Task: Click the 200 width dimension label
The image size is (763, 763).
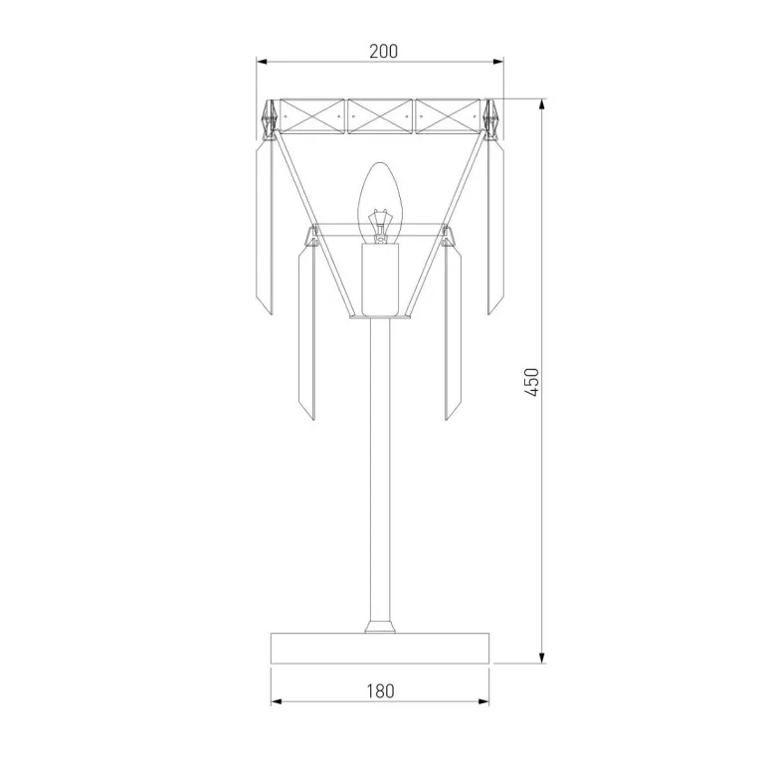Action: click(383, 51)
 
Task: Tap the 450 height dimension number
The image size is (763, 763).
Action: click(532, 382)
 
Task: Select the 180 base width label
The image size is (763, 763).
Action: click(380, 691)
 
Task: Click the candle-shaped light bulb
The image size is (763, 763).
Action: click(381, 203)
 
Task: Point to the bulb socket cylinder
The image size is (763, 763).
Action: click(380, 279)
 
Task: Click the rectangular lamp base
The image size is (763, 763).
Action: click(380, 649)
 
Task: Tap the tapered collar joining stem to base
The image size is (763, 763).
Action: click(380, 627)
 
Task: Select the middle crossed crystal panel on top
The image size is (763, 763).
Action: click(380, 116)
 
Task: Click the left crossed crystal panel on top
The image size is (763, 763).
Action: click(312, 116)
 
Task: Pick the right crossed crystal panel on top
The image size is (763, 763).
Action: click(448, 116)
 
